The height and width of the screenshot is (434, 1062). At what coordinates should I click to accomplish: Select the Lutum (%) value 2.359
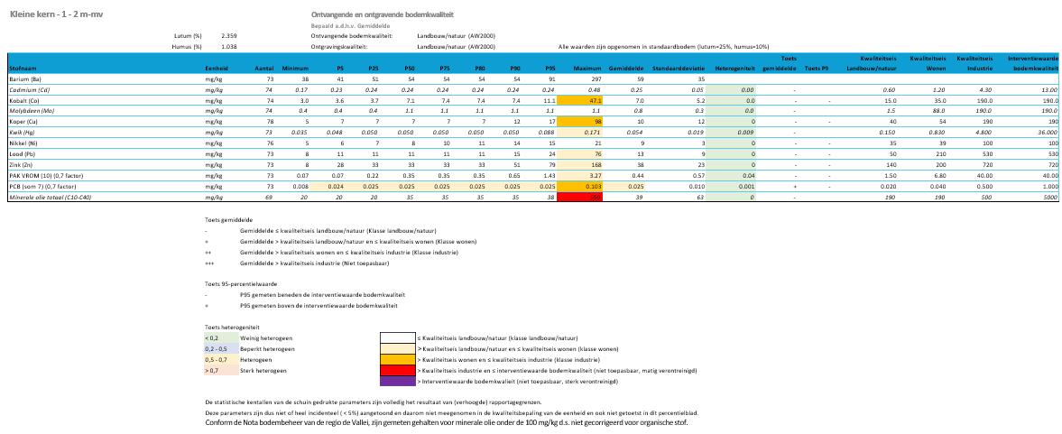click(x=229, y=35)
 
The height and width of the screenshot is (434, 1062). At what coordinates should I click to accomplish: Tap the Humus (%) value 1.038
click(x=229, y=45)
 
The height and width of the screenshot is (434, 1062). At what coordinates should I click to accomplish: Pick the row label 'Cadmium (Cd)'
click(x=29, y=90)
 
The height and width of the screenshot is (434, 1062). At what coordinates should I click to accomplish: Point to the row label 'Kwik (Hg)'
click(x=23, y=131)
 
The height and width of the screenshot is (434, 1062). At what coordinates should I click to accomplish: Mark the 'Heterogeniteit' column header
click(x=734, y=68)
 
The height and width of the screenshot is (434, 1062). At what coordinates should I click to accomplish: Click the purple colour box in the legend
click(x=396, y=382)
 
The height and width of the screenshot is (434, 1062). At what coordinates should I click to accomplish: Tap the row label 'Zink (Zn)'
click(x=22, y=163)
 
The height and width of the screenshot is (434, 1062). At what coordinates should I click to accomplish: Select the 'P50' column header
click(x=409, y=68)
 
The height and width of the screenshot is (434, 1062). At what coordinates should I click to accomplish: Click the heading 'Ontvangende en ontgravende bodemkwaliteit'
click(x=382, y=15)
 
